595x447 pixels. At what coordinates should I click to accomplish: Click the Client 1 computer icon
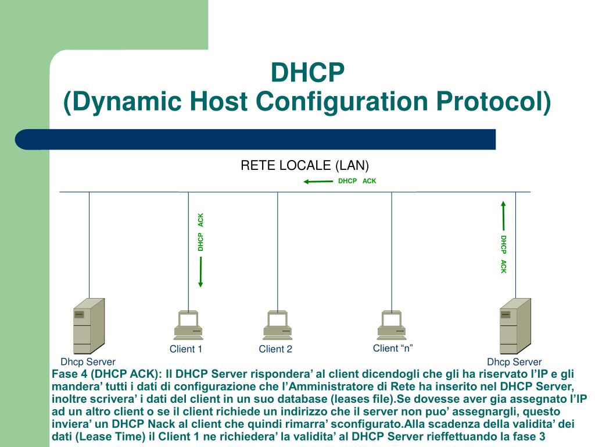(188, 325)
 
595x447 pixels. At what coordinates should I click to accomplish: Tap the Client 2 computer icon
(277, 325)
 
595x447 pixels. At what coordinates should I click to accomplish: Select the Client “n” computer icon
(391, 325)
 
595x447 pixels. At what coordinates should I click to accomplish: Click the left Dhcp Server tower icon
(89, 326)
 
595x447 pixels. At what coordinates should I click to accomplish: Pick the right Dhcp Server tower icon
(515, 326)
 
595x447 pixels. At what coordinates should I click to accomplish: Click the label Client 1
(186, 349)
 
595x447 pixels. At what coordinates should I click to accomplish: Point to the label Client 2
(275, 349)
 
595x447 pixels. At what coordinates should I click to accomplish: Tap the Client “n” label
(393, 348)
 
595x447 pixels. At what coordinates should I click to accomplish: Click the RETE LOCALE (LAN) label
(305, 165)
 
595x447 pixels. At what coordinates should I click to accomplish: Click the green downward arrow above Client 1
(200, 272)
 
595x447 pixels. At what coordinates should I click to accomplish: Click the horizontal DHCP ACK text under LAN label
(357, 181)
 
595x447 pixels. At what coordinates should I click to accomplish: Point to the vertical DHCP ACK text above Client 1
(200, 232)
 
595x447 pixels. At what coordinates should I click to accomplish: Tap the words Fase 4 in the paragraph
(69, 374)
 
